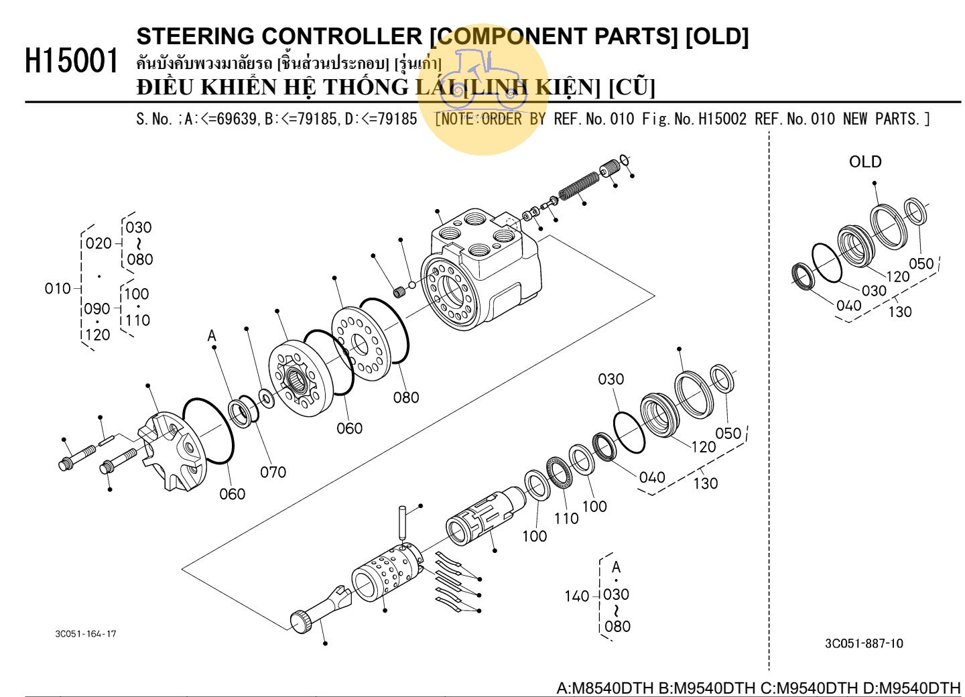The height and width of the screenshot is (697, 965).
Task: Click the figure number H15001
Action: pyautogui.click(x=72, y=61)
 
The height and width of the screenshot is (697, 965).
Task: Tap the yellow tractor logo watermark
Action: pyautogui.click(x=483, y=87)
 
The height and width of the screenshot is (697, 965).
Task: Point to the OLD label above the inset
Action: pyautogui.click(x=864, y=162)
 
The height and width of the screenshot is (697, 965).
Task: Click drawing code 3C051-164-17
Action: pyautogui.click(x=85, y=633)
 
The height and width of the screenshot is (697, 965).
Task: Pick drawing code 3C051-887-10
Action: pyautogui.click(x=863, y=643)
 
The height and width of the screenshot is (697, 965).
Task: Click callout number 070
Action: pyautogui.click(x=273, y=472)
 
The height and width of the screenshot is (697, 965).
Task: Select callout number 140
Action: pyautogui.click(x=576, y=596)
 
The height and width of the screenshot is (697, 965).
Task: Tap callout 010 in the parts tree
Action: pyautogui.click(x=58, y=288)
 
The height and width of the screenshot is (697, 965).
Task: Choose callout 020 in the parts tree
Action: pyautogui.click(x=99, y=243)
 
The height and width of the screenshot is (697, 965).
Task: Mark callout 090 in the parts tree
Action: pyautogui.click(x=97, y=309)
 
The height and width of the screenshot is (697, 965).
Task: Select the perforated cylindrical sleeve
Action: pyautogui.click(x=387, y=573)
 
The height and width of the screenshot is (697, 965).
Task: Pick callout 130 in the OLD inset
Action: pyautogui.click(x=899, y=312)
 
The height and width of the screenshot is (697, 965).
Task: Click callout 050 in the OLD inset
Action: pyautogui.click(x=921, y=263)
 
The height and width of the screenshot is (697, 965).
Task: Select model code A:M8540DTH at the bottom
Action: pyautogui.click(x=604, y=688)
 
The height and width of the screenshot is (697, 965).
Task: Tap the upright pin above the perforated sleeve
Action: pyautogui.click(x=401, y=522)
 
